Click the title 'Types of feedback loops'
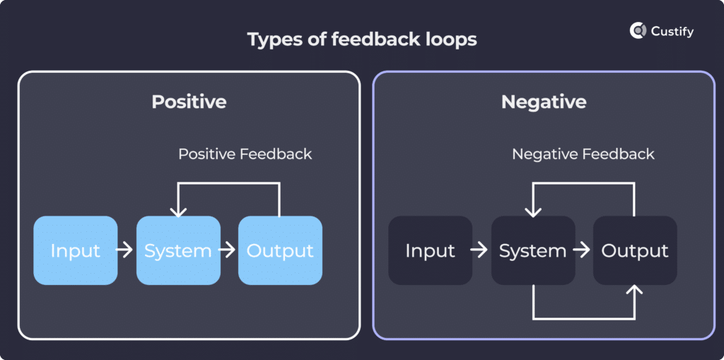362,39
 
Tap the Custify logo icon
638,30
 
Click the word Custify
672,31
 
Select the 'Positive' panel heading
189,101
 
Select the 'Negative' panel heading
544,101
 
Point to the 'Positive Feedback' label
245,153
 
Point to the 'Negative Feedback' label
583,153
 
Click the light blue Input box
76,250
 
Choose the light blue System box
178,250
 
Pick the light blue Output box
280,250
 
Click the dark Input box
431,250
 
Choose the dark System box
533,250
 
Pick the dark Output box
635,250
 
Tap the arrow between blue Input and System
124,250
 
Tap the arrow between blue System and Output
228,250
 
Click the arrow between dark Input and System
479,250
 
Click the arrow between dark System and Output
582,250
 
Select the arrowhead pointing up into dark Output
635,291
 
